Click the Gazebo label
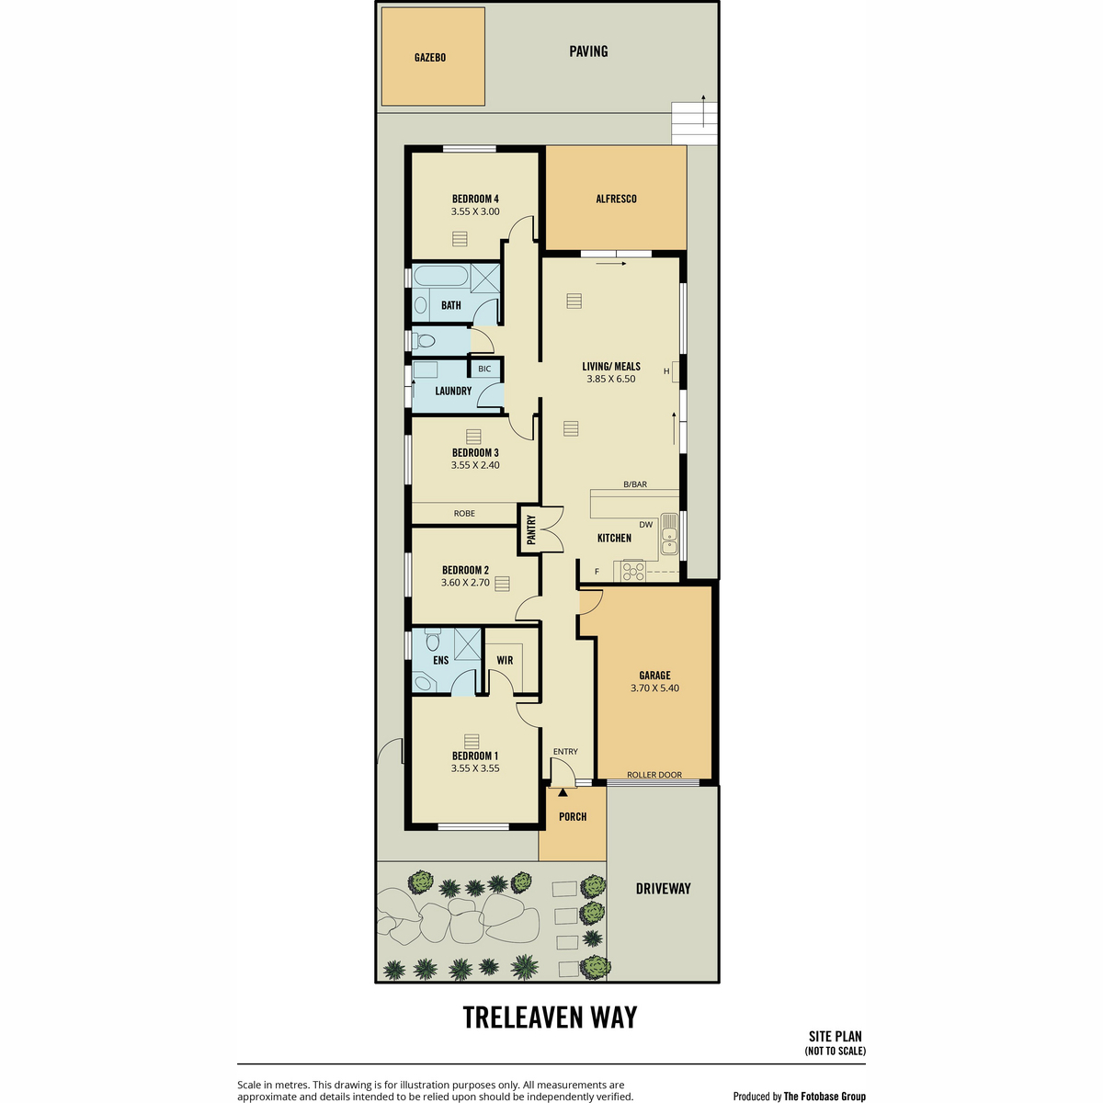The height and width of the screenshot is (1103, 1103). click(x=430, y=58)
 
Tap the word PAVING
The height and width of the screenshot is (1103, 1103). click(x=588, y=51)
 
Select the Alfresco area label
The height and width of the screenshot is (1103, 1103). click(x=616, y=199)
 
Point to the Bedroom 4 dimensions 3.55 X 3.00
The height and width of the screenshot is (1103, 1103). click(x=475, y=211)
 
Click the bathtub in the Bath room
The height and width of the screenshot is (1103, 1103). click(x=441, y=277)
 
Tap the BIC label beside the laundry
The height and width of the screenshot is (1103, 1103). click(x=484, y=370)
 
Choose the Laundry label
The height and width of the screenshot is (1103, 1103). click(x=453, y=391)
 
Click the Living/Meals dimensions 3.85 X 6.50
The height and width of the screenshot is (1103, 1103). click(x=610, y=379)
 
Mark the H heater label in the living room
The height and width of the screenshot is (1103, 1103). click(x=666, y=371)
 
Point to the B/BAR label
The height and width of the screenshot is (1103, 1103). click(x=635, y=484)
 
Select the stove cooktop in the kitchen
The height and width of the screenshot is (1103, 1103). click(x=633, y=571)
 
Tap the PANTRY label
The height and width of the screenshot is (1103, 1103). click(x=531, y=529)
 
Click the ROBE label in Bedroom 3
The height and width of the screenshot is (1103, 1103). click(x=464, y=514)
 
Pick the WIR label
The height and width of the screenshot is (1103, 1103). click(x=505, y=661)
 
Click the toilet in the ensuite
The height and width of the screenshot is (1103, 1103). click(x=433, y=640)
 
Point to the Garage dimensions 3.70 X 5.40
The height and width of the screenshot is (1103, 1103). click(x=654, y=688)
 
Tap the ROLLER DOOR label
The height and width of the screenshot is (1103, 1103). click(x=654, y=775)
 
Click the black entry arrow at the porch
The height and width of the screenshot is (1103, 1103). click(x=563, y=792)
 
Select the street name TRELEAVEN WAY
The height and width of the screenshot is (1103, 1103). click(x=550, y=1018)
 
